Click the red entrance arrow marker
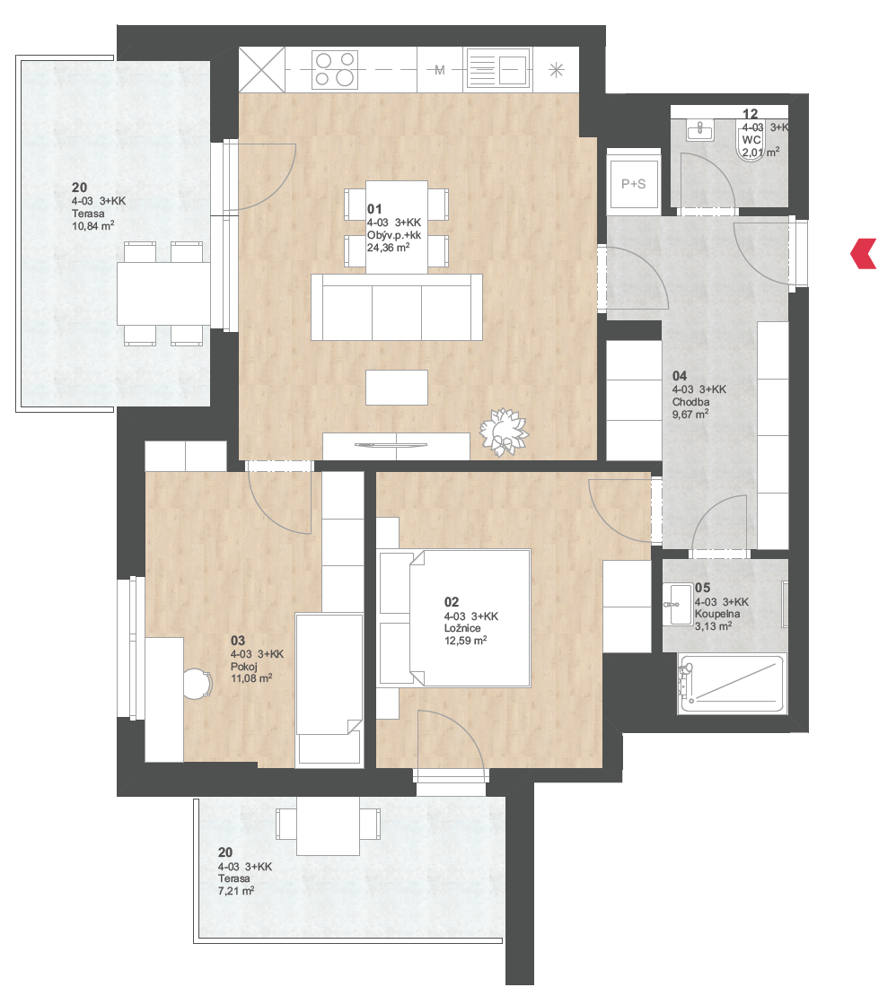(864, 253)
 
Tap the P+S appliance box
(634, 184)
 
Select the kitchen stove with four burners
(335, 69)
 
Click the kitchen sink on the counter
(498, 69)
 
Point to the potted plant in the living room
(504, 432)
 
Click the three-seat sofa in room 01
(397, 308)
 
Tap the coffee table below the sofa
(397, 388)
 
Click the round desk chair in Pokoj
(198, 685)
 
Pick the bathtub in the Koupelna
(732, 684)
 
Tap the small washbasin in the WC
(700, 130)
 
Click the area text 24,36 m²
(388, 248)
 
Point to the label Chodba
(690, 402)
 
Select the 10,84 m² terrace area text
(92, 225)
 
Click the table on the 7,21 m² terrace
(329, 826)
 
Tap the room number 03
(238, 641)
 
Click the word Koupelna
(717, 614)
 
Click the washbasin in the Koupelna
(678, 605)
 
